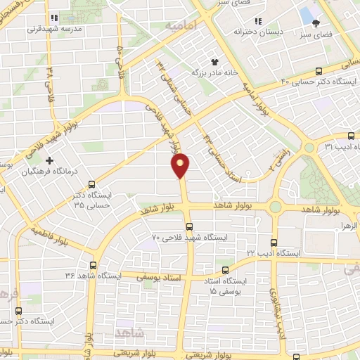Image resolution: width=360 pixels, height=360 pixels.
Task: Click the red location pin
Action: coord(181,166)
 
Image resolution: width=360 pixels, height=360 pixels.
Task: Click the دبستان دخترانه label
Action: coord(252,33)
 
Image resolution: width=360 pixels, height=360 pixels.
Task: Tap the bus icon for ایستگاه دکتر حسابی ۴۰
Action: coord(319,70)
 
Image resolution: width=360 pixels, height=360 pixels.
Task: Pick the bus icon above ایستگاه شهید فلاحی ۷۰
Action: coord(189,226)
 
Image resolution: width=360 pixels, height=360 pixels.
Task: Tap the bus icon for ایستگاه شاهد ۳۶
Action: coord(94,265)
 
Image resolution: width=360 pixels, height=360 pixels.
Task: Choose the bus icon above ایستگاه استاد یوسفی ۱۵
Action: coord(225,271)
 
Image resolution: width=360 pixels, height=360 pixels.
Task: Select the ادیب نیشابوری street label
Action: coord(274,309)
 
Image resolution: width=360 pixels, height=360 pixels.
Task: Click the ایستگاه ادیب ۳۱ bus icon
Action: coord(351,136)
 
